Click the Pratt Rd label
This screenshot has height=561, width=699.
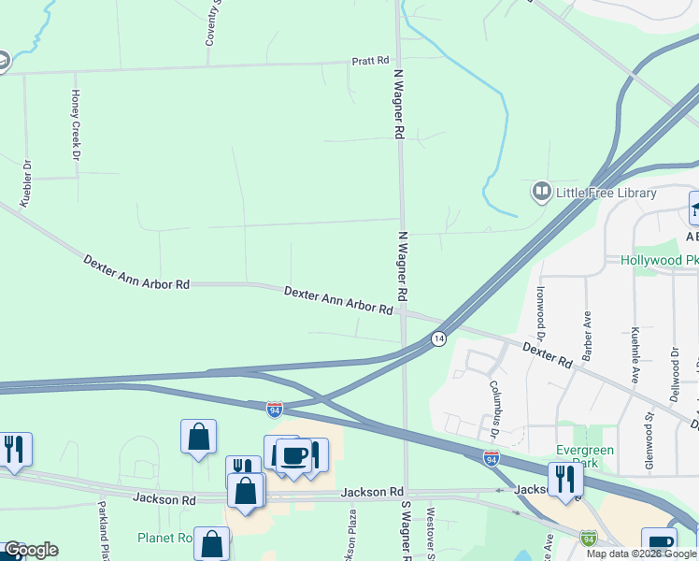point(370,61)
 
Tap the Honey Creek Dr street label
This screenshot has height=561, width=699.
point(76,123)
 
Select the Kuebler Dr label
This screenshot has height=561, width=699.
point(26,183)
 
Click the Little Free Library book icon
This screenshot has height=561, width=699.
point(541,193)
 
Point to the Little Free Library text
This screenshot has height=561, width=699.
point(606,194)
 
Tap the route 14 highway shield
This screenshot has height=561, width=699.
point(437,338)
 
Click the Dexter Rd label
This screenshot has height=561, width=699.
point(547,353)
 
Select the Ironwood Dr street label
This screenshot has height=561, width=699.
point(541,311)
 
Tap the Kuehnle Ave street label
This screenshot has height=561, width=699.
point(635,355)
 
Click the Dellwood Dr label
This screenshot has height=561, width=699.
point(675,375)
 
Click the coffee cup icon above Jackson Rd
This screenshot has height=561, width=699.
point(294,455)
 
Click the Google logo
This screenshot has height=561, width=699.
point(30,550)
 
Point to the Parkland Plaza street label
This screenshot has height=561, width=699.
point(103,531)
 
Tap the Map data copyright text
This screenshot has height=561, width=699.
point(641,554)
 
